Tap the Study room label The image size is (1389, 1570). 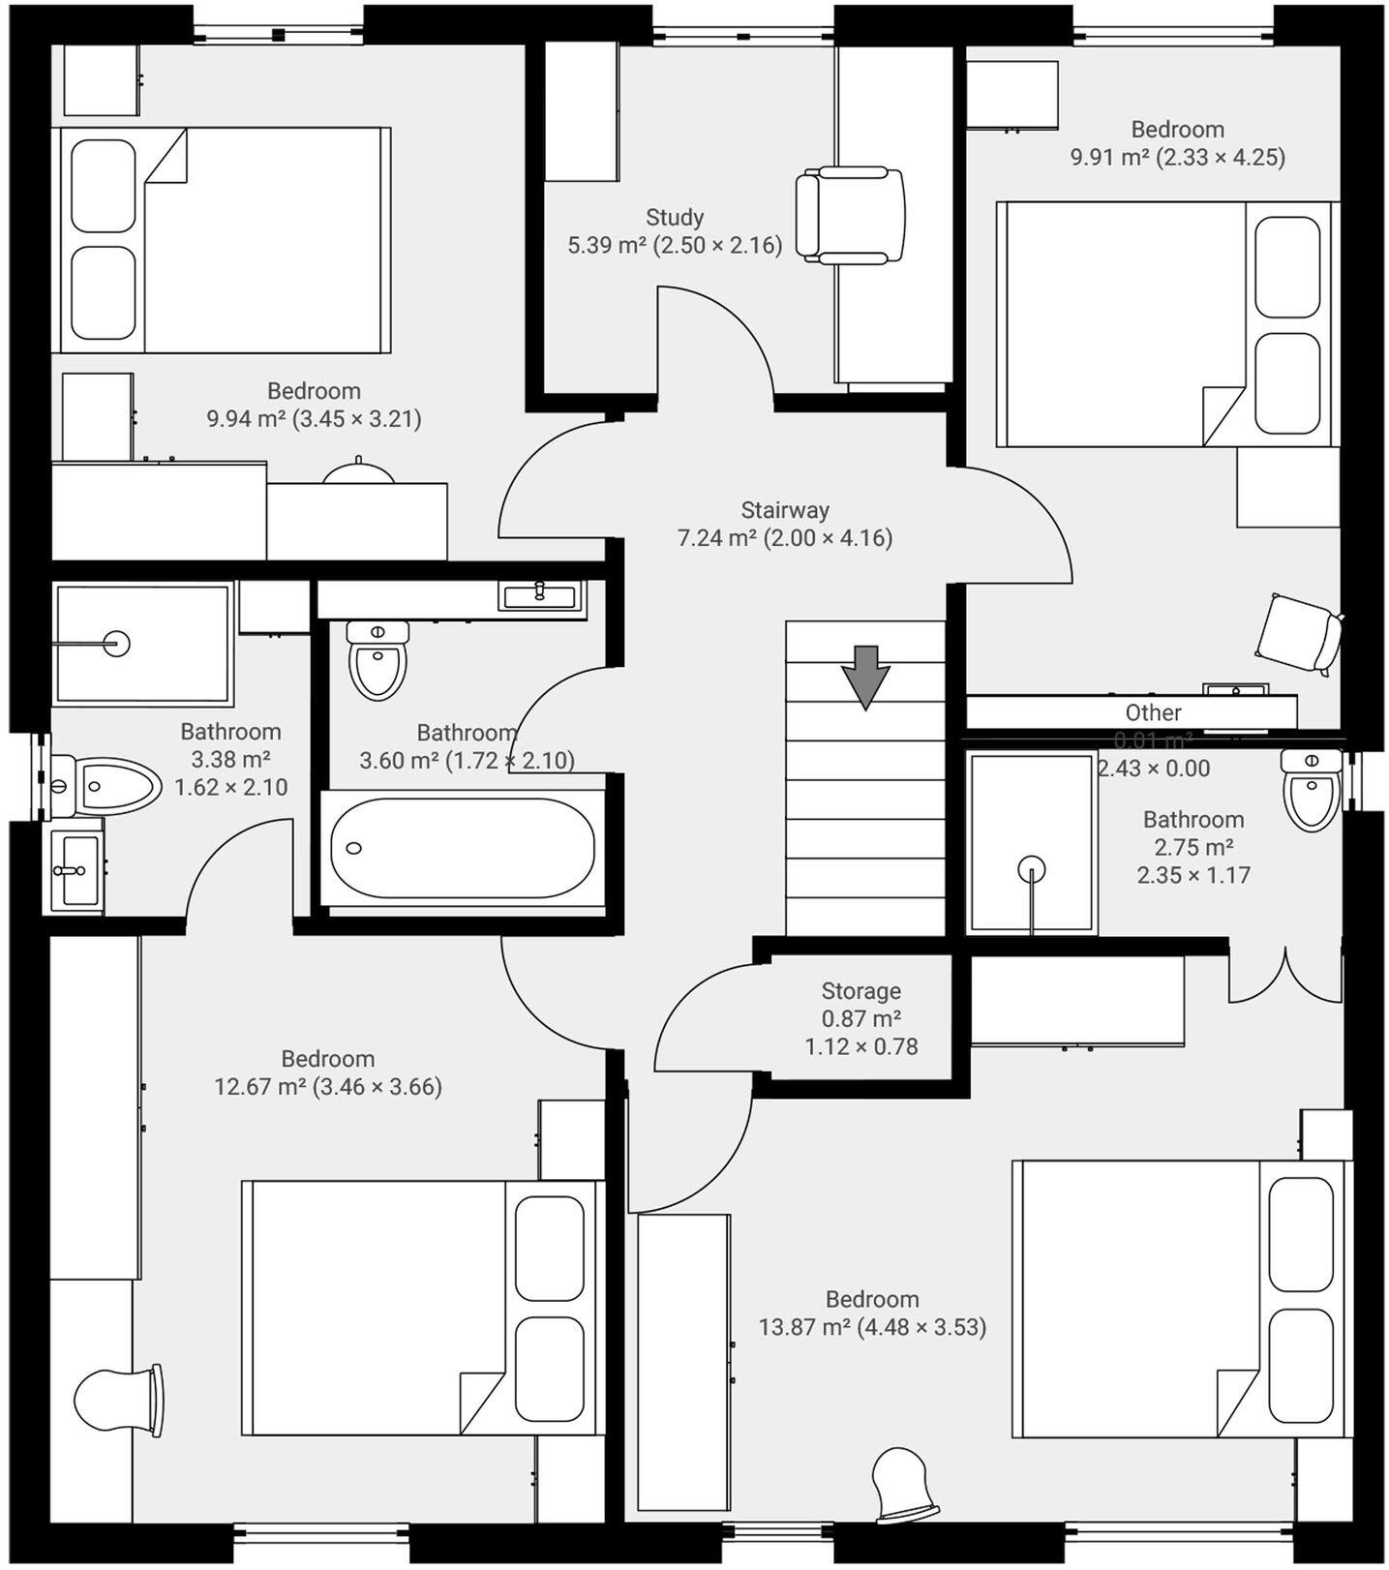pos(675,217)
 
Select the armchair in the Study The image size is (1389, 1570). pos(850,215)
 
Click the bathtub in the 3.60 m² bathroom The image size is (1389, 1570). pos(463,848)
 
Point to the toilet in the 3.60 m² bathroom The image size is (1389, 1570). pos(377,660)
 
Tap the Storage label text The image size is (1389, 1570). pos(861,991)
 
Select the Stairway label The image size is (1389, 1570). pos(785,510)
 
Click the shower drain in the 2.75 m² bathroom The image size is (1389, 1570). pos(1032,868)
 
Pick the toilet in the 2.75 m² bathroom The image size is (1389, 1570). pos(1312,789)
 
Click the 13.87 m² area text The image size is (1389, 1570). pos(871,1327)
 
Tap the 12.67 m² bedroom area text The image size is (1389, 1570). pos(327,1086)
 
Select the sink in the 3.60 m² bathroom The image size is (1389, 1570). pos(541,594)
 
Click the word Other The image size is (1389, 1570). pos(1153,712)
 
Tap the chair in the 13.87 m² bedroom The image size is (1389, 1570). pos(904,1483)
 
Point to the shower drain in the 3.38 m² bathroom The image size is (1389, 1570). pos(116,643)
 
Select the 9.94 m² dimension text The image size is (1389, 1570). pos(314,419)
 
